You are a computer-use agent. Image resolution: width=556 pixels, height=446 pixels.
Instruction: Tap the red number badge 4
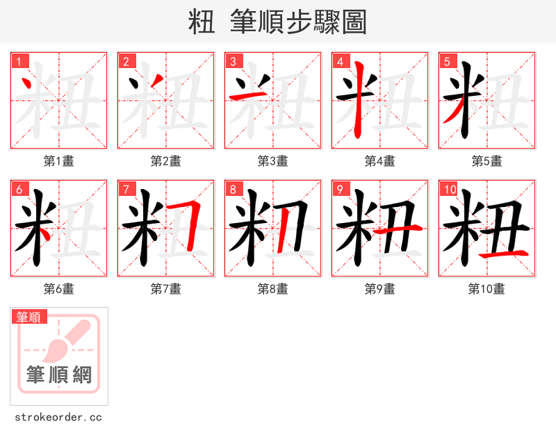click(x=341, y=62)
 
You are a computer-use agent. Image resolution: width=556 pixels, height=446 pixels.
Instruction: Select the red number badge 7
click(x=126, y=190)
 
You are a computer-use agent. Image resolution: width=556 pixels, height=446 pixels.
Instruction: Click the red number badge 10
click(x=449, y=190)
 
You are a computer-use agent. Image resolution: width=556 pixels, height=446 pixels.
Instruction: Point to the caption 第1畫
click(x=59, y=161)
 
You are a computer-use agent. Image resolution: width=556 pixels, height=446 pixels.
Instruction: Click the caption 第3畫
click(x=272, y=161)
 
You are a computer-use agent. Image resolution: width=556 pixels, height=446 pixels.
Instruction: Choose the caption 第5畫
click(x=486, y=161)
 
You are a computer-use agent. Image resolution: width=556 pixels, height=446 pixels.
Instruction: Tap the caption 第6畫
click(x=59, y=289)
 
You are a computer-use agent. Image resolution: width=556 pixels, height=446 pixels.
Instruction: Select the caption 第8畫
click(x=272, y=289)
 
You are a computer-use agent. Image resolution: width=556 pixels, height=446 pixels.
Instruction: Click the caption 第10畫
click(x=486, y=289)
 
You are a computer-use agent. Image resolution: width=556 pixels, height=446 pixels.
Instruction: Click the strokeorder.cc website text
click(x=58, y=418)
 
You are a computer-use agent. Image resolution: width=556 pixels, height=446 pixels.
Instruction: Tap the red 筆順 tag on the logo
click(x=29, y=317)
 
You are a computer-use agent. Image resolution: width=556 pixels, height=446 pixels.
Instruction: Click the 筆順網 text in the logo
click(x=59, y=376)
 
